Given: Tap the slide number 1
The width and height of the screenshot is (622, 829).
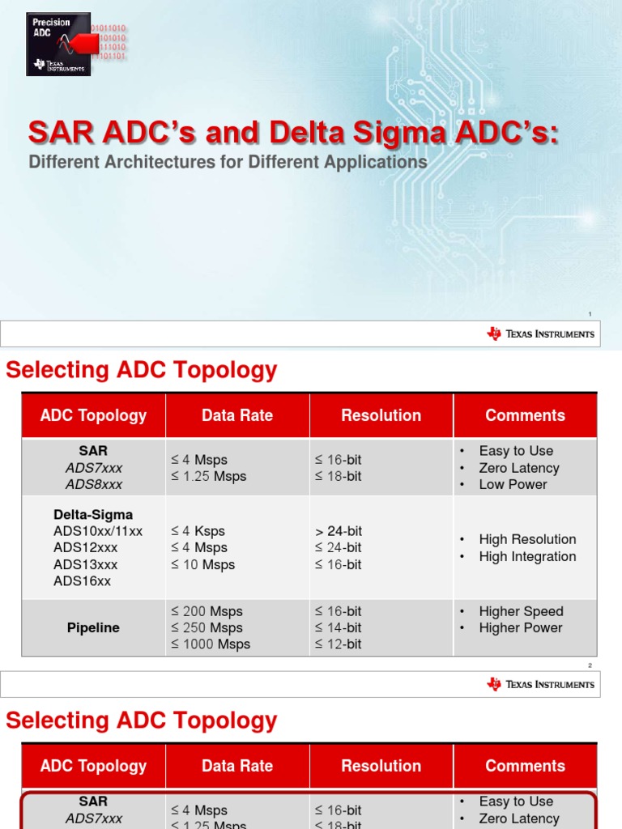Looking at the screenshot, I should (x=590, y=314).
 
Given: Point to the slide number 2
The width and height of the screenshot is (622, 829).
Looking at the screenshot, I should (x=590, y=665).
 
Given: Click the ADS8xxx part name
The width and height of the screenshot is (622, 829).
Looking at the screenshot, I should (x=93, y=484).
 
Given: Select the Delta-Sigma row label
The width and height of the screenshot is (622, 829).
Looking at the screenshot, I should (x=93, y=515).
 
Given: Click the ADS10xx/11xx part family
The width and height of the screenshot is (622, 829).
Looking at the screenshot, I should (x=98, y=531).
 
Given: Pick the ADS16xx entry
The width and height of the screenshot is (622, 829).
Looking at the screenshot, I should (x=82, y=581).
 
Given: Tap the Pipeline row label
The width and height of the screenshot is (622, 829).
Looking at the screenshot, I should (x=93, y=628).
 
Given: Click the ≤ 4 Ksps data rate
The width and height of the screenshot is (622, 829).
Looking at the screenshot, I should (x=198, y=531).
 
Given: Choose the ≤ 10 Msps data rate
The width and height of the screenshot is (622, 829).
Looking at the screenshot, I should (x=202, y=564).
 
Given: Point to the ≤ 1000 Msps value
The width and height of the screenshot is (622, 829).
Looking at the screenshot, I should (x=210, y=644).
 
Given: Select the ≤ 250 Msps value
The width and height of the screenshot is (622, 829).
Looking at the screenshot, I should (x=207, y=627).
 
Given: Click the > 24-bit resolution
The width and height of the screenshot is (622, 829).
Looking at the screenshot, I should (x=339, y=531).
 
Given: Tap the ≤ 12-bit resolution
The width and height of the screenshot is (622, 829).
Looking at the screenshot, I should (x=339, y=644).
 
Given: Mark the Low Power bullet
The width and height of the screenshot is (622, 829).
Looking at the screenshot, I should (x=513, y=484).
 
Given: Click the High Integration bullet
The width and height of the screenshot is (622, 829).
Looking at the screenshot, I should (x=527, y=556).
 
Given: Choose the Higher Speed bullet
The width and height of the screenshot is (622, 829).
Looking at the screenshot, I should (x=521, y=611).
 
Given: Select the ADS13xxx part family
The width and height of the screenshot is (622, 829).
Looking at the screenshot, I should (x=85, y=564).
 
